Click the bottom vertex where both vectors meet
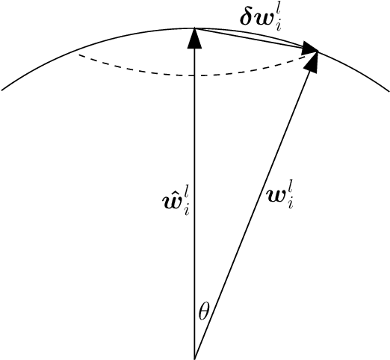194,358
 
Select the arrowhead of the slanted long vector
313,63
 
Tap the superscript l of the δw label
289,10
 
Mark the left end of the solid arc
3,91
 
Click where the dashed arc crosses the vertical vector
194,75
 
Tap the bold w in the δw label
274,18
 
